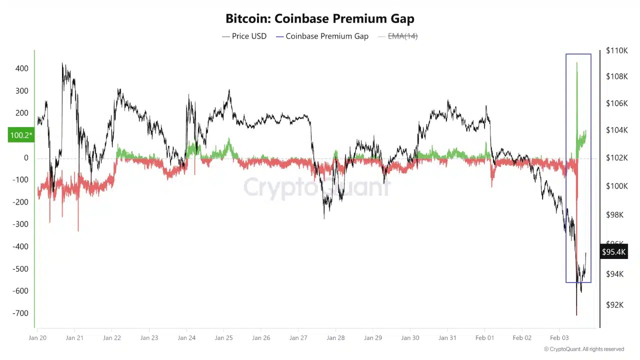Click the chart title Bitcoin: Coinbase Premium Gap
(320, 19)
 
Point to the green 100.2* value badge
(21, 135)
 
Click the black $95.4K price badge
(613, 252)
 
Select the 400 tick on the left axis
(21, 68)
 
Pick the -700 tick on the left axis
(20, 313)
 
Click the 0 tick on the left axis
(26, 157)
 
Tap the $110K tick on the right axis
(616, 50)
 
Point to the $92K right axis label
(614, 304)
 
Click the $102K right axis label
(616, 157)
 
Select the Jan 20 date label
(37, 337)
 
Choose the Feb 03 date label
(559, 337)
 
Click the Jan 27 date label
(298, 337)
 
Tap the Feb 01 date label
(484, 337)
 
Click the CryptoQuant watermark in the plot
(317, 187)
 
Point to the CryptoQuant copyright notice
(584, 349)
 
